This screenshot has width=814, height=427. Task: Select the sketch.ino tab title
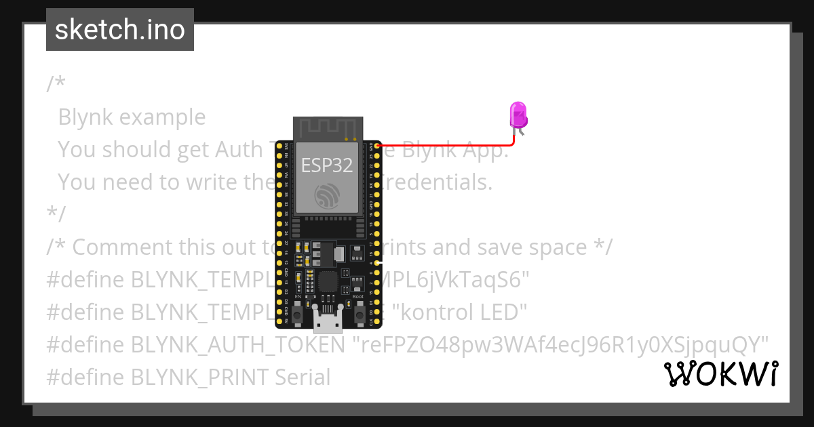tap(120, 30)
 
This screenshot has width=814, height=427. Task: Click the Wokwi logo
tap(720, 374)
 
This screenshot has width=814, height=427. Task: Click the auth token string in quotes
tap(561, 345)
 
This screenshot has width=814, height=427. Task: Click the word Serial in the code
tap(303, 377)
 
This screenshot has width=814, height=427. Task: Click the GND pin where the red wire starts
tap(376, 145)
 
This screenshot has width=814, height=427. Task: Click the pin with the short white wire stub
tap(377, 262)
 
